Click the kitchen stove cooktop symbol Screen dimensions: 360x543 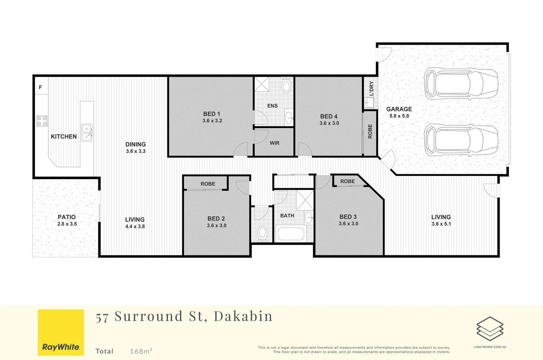[x=42, y=121]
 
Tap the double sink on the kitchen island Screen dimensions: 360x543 [x=87, y=132]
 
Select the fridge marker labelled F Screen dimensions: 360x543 [x=40, y=87]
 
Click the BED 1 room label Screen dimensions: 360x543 [x=212, y=114]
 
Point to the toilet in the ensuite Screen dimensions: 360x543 [x=286, y=85]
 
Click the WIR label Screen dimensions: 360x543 [x=275, y=143]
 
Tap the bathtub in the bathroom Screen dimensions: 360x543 [x=291, y=234]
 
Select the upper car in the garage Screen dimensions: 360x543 [x=461, y=84]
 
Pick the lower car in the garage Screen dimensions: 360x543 [x=461, y=140]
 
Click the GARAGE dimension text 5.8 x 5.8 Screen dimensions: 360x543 [x=399, y=116]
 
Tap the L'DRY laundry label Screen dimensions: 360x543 [x=371, y=88]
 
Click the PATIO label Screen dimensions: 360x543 [x=67, y=217]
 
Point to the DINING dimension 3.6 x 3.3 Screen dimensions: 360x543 [x=136, y=151]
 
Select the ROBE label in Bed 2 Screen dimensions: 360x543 [x=208, y=184]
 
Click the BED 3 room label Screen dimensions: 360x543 [x=348, y=217]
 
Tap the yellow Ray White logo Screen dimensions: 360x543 [x=61, y=332]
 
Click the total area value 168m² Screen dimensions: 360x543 [x=141, y=351]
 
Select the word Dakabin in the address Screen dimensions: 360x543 [x=243, y=316]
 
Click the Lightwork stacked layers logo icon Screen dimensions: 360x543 [x=490, y=329]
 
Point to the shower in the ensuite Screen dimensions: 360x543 [x=262, y=84]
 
